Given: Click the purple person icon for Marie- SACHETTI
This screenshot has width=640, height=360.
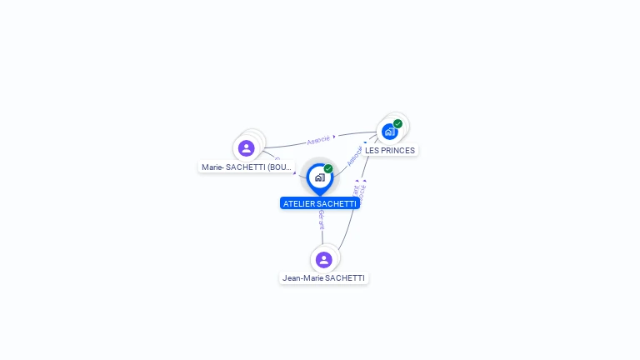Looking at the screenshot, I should pos(246,148).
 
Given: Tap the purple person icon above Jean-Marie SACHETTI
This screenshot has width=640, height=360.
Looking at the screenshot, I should pos(324,260).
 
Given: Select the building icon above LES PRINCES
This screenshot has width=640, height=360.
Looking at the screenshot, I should pos(389,132).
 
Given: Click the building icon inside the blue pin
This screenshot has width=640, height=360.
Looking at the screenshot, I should pos(319,177).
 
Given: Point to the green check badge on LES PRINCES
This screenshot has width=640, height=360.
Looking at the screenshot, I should pos(398,124).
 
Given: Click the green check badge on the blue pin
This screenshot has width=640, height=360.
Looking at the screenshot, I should pos(328,169).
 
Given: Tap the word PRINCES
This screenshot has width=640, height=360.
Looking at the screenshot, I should pos(397,150).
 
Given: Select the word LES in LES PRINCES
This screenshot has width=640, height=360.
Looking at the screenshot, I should pos(372,150).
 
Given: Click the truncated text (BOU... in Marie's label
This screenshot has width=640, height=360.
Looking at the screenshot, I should pos(281,167).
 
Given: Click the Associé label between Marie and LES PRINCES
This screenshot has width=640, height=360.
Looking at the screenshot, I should pos(318,139).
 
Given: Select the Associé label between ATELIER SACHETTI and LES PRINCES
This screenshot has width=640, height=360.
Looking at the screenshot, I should pos(354,156).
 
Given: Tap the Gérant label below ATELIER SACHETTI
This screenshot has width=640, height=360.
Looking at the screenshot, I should pos(322,220).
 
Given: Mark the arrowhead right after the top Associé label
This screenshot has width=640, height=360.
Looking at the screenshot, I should pos(334,137).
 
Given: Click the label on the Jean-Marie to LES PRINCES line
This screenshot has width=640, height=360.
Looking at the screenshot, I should pos(358,194).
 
